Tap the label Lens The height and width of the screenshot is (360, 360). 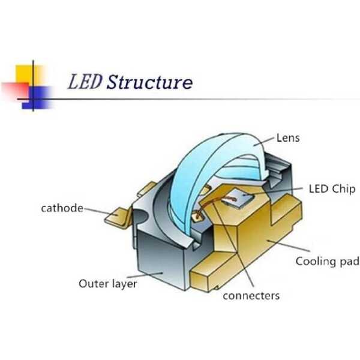pos(288,138)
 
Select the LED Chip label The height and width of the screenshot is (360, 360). pos(331,189)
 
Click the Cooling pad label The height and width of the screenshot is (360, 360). pos(327,262)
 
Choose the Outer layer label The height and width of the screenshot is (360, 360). pos(108,283)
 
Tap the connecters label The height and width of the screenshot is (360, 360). pos(251,296)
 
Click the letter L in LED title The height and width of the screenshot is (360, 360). pos(75,81)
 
